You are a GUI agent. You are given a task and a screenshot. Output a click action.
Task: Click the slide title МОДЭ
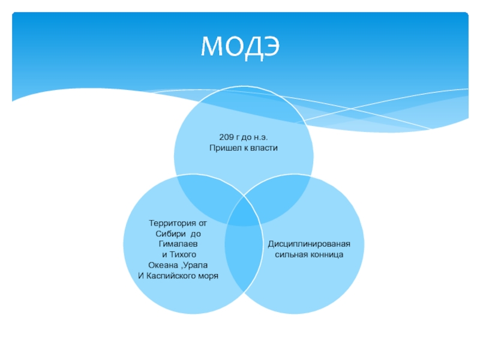pos(239,46)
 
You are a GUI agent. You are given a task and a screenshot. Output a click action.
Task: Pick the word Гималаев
pos(178,244)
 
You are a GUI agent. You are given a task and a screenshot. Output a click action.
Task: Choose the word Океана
pos(161,265)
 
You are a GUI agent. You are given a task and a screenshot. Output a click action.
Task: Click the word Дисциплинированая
pos(308,244)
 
